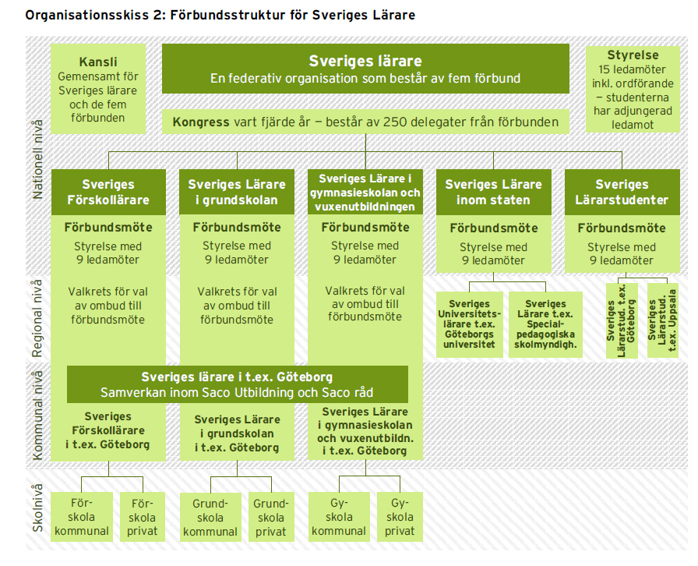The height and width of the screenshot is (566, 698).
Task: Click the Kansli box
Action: pyautogui.click(x=97, y=88)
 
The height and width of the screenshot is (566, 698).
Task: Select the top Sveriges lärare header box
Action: pyautogui.click(x=365, y=69)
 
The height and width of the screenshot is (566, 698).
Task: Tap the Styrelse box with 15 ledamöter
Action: pyautogui.click(x=633, y=87)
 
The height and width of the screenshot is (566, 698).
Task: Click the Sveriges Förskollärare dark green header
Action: pyautogui.click(x=109, y=192)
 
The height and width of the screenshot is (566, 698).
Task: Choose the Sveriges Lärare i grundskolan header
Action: pyautogui.click(x=237, y=192)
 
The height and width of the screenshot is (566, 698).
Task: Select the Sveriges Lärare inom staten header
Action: pyautogui.click(x=493, y=192)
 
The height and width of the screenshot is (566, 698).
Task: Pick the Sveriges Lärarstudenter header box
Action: pyautogui.click(x=621, y=192)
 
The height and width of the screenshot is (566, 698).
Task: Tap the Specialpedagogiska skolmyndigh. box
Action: pyautogui.click(x=545, y=324)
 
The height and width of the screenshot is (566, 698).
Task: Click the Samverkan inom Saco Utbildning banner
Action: pyautogui.click(x=237, y=384)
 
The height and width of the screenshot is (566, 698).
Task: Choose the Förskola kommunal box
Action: pyautogui.click(x=83, y=517)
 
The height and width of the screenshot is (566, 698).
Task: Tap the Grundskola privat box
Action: pyautogui.click(x=271, y=517)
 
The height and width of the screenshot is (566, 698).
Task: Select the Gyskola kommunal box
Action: pyautogui.click(x=339, y=517)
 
